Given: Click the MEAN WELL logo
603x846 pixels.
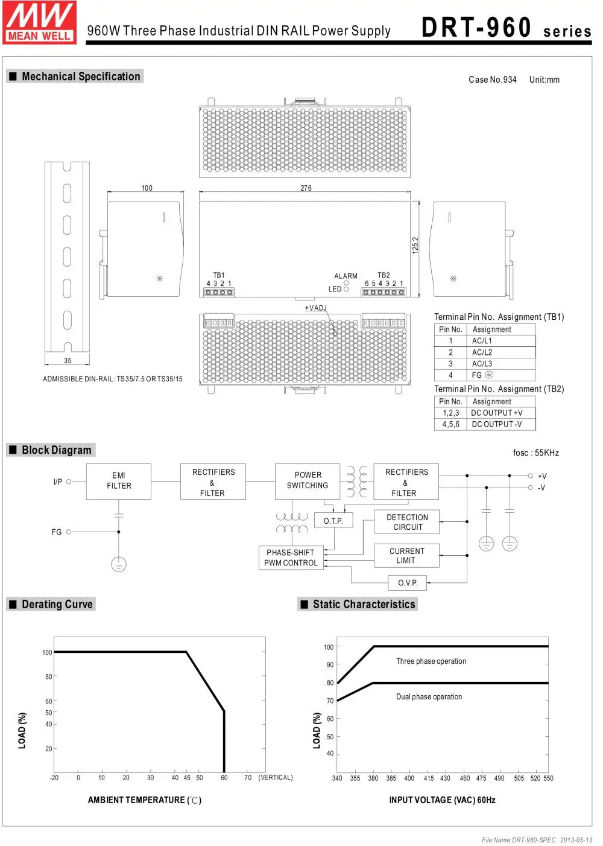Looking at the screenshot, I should click(40, 22).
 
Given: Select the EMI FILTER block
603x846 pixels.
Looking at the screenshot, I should click(119, 481).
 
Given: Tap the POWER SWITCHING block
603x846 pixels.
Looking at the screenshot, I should click(308, 480).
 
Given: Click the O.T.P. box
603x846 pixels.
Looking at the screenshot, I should click(333, 521).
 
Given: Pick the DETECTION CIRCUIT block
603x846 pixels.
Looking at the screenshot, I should click(407, 522).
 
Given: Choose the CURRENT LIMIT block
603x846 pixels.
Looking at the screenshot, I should click(406, 556).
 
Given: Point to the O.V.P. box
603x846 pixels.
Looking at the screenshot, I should click(408, 583).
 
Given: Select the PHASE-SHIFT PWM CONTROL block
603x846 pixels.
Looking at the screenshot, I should click(291, 558).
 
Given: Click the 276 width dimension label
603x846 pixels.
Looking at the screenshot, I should click(306, 188).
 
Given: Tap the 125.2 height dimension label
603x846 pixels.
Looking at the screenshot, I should click(415, 245).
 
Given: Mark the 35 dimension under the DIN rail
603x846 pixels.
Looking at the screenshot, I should click(68, 361).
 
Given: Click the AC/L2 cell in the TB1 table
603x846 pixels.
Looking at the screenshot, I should click(482, 352).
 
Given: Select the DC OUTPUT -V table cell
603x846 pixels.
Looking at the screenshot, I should click(497, 424).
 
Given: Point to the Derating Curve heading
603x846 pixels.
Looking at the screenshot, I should click(57, 604).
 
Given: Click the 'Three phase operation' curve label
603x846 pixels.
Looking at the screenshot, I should click(431, 661).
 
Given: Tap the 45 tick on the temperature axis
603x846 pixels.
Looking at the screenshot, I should click(187, 778).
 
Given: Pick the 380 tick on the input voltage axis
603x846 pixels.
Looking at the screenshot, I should click(373, 778).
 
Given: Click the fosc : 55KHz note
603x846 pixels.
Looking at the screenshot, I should click(535, 453).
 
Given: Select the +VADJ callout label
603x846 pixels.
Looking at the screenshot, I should click(315, 308).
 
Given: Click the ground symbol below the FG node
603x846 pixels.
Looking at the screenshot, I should click(119, 564).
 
